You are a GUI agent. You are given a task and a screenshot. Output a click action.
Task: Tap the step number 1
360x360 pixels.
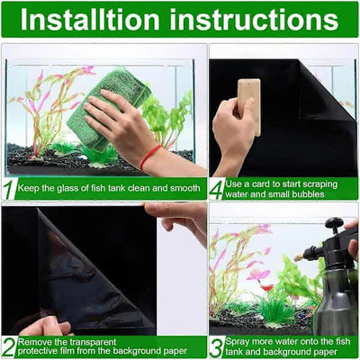click(10, 190)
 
